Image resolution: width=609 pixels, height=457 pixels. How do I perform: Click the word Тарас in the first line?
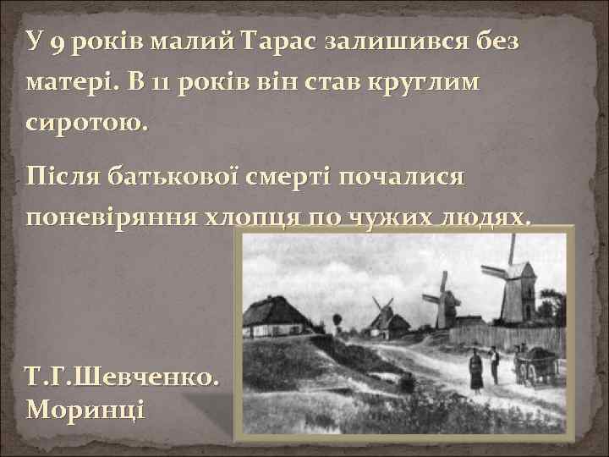click(278, 42)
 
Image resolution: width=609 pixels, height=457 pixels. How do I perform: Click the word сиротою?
click(87, 124)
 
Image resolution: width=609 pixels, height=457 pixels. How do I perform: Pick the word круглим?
click(420, 85)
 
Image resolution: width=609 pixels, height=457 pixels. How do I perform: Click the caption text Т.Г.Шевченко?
click(125, 377)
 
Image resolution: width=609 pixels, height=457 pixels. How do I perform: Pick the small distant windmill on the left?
click(383, 315)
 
